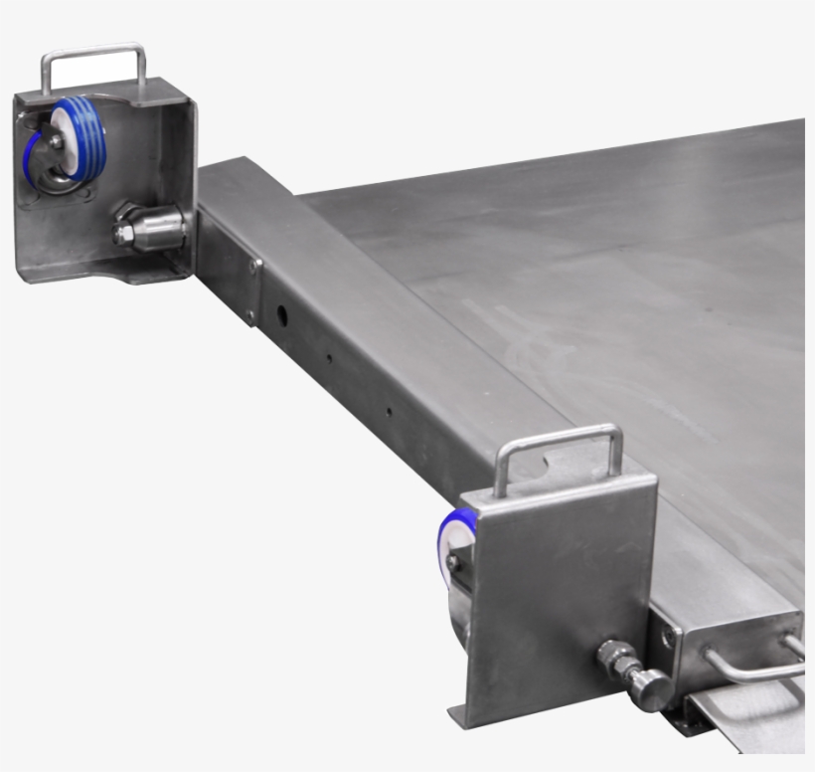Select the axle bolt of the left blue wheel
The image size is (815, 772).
(57, 142)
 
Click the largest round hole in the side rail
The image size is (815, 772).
(281, 317)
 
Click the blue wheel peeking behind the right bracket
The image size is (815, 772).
(456, 537)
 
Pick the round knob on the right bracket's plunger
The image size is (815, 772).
(650, 688)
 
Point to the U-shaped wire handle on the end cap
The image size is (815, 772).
(755, 665)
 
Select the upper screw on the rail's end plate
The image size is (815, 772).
(255, 267)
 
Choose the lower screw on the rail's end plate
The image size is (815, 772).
(249, 315)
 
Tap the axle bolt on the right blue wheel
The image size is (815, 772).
(453, 563)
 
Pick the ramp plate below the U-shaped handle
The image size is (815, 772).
(755, 716)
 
